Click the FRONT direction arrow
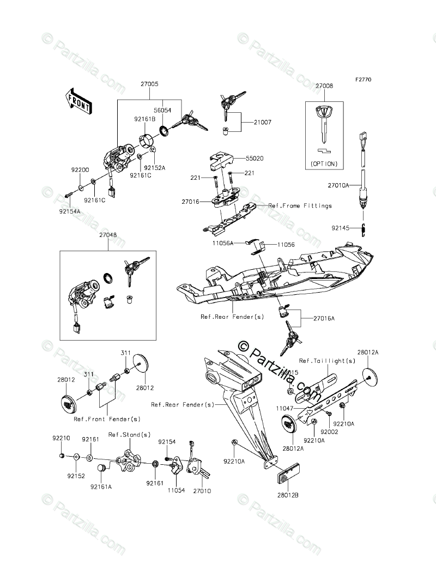77,101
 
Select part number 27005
149,84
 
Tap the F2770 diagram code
364,80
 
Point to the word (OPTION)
324,163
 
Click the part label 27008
324,86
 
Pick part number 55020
253,158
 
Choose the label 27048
108,235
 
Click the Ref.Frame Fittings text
300,206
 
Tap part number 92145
340,229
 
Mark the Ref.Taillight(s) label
328,361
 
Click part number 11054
176,490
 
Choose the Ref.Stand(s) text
129,434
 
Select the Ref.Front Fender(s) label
107,419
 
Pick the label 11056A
223,245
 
